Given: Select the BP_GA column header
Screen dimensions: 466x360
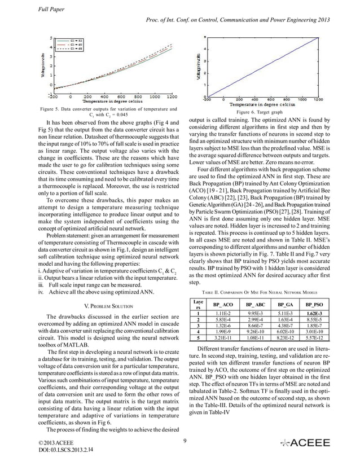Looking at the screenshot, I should point(285,304).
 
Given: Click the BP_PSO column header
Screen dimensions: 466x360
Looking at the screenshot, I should point(315,304).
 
